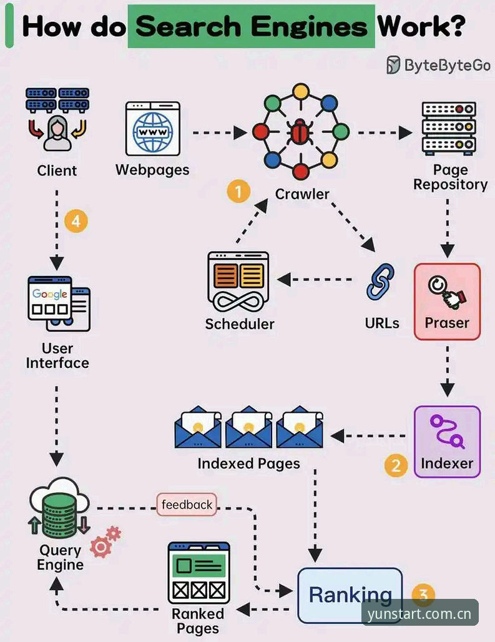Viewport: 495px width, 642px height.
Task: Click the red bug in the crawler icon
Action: [x=300, y=132]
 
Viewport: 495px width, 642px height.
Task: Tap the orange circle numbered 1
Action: [x=238, y=191]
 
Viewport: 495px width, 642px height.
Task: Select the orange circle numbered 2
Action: [x=396, y=465]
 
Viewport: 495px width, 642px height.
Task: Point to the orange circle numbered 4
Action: [x=76, y=221]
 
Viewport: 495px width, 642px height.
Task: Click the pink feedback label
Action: [x=187, y=505]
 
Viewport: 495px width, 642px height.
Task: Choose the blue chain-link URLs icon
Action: [x=380, y=282]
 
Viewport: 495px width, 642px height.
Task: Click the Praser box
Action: [x=447, y=302]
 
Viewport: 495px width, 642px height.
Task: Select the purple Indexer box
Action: [x=447, y=442]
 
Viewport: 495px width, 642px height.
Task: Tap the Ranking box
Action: [x=350, y=595]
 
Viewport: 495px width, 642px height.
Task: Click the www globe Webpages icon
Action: [x=152, y=129]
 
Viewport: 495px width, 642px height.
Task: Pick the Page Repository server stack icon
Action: [x=449, y=128]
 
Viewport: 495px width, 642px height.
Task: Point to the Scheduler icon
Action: [x=238, y=282]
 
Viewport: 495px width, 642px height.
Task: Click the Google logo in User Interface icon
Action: [x=50, y=294]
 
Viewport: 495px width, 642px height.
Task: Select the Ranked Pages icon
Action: [x=199, y=573]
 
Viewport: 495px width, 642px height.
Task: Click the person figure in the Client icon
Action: [x=57, y=134]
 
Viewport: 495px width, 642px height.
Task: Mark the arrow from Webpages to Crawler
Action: [x=220, y=132]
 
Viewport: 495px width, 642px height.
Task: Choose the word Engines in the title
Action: [x=309, y=27]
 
